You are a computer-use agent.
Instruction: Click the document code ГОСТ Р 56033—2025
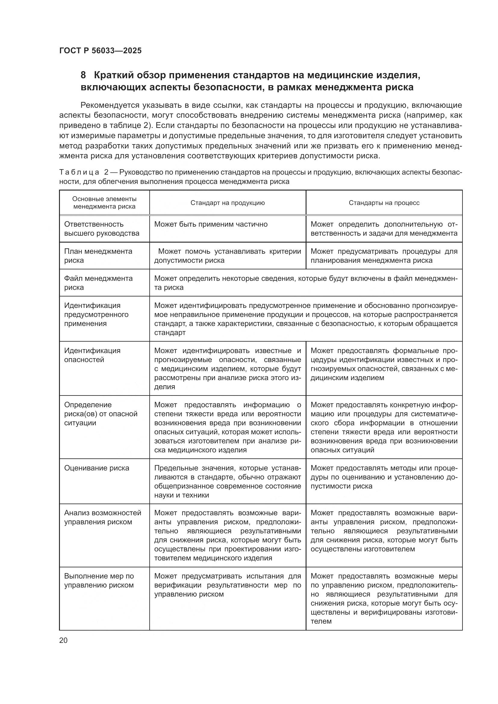[100, 51]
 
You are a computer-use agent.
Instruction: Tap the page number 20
[63, 640]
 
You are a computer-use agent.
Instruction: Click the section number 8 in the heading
[83, 75]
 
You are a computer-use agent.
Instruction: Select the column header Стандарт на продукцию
[228, 203]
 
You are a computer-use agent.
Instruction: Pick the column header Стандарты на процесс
[384, 203]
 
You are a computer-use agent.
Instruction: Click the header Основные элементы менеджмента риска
[104, 203]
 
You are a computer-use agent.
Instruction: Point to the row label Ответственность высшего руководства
[101, 229]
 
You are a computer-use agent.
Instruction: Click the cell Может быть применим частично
[211, 224]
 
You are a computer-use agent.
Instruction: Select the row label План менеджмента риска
[98, 256]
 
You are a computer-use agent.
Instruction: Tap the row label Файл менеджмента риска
[98, 283]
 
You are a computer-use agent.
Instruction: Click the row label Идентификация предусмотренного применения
[96, 314]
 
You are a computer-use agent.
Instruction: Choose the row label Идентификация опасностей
[92, 355]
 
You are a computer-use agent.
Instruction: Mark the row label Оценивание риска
[97, 468]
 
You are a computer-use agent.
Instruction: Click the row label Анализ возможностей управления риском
[102, 517]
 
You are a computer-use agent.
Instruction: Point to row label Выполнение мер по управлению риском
[99, 580]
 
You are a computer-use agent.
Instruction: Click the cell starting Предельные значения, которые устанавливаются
[228, 481]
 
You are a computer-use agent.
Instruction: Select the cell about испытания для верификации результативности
[228, 585]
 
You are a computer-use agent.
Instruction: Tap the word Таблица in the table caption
[79, 172]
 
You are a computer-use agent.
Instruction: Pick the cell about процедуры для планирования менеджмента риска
[384, 256]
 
